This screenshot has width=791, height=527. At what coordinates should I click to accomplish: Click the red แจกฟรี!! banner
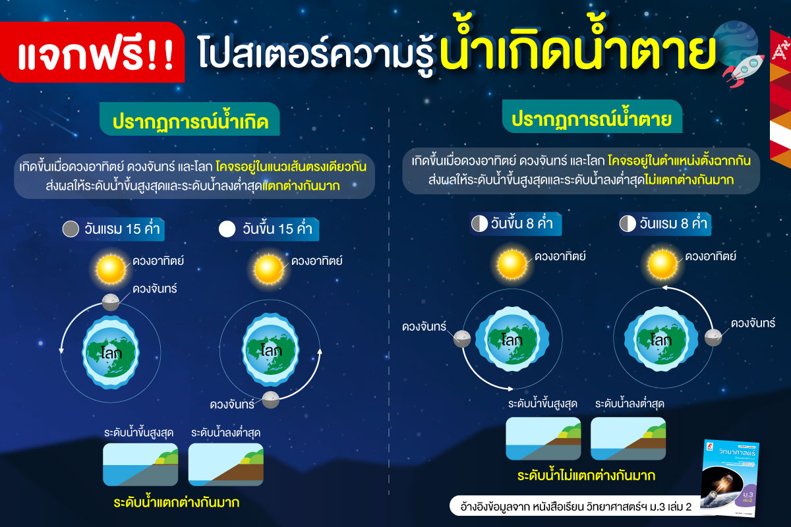[92, 52]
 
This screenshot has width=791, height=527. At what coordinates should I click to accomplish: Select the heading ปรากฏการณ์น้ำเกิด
[190, 120]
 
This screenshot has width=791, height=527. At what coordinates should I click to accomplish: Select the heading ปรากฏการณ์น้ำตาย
[592, 117]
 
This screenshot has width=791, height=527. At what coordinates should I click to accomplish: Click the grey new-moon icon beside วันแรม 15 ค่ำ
[71, 229]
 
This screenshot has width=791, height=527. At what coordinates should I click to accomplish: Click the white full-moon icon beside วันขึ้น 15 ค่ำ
[227, 229]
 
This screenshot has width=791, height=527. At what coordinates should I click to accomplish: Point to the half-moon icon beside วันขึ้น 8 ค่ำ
[480, 224]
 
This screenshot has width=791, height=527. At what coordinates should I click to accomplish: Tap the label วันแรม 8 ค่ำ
[674, 224]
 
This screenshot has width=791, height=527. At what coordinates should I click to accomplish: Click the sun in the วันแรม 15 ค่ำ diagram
[111, 269]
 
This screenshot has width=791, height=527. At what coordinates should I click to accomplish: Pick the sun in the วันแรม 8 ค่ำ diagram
[662, 265]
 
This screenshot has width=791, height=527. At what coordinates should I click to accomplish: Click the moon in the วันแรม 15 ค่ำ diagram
[111, 302]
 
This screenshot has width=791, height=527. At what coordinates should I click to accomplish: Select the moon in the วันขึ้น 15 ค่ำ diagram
[271, 400]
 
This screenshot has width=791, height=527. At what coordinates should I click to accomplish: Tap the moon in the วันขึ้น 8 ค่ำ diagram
[462, 339]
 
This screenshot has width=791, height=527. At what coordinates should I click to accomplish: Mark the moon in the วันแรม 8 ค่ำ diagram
[713, 337]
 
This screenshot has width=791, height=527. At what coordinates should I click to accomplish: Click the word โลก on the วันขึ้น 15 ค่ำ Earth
[271, 350]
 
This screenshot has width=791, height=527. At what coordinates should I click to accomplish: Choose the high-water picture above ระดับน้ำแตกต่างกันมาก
[140, 464]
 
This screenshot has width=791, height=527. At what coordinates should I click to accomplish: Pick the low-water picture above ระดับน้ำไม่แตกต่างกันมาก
[628, 439]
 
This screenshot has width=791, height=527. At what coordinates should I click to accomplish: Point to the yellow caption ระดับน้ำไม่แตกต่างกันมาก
[586, 476]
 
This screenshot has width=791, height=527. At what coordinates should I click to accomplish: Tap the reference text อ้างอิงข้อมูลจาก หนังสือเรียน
[522, 507]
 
